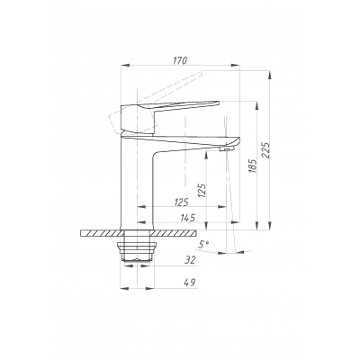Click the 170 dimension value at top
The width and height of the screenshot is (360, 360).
[x=180, y=60]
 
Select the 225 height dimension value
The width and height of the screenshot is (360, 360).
[x=266, y=150]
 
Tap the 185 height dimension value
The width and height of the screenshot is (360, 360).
[x=253, y=166]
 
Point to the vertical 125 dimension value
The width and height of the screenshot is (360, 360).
[x=202, y=190]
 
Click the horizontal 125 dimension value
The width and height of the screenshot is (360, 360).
[x=181, y=202]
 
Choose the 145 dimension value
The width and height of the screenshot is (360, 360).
[x=188, y=218]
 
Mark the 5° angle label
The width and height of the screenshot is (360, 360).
[x=203, y=245]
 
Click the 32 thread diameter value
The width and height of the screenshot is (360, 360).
[x=190, y=260]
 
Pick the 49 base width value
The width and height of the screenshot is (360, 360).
[x=190, y=283]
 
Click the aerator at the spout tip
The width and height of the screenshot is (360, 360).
[x=227, y=149]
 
